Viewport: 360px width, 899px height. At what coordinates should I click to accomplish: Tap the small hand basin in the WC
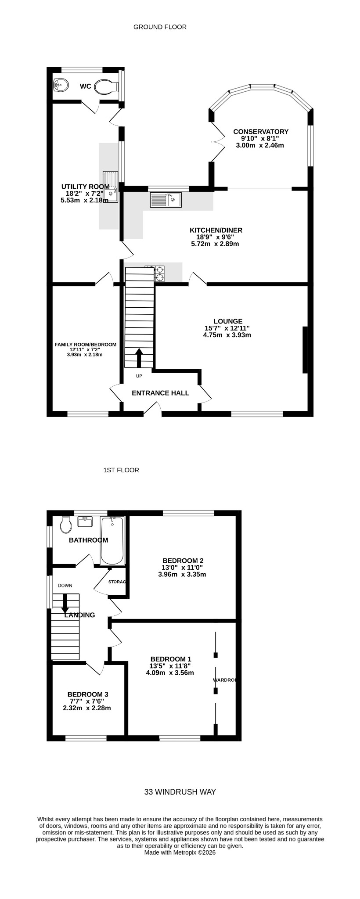pos(60,85)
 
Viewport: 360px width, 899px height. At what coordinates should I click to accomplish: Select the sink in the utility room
pos(111,187)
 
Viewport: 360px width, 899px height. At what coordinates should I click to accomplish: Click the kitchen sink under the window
pos(166,200)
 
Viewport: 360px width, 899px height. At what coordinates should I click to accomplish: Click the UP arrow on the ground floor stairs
pos(139,358)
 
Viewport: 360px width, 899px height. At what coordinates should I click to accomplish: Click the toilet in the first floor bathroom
pos(66,524)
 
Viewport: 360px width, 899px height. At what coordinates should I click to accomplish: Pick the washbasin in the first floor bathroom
pos(85,521)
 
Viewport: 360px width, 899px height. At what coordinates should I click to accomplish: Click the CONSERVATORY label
pos(261,132)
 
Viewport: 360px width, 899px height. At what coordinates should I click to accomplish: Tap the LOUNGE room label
pos(228,321)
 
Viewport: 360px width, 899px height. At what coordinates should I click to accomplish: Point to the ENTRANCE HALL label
pos(161,393)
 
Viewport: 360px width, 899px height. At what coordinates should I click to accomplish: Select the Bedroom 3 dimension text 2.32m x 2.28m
pos(87,708)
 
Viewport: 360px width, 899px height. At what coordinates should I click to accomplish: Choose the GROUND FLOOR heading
pos(160,27)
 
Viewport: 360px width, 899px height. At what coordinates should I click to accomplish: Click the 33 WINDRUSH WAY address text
pos(180,792)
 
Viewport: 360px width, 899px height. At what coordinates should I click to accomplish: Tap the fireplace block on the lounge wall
pos(305,350)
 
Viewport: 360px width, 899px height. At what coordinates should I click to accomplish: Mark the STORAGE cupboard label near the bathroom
pos(117,582)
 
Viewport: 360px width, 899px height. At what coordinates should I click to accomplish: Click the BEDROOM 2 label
pos(183,561)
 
